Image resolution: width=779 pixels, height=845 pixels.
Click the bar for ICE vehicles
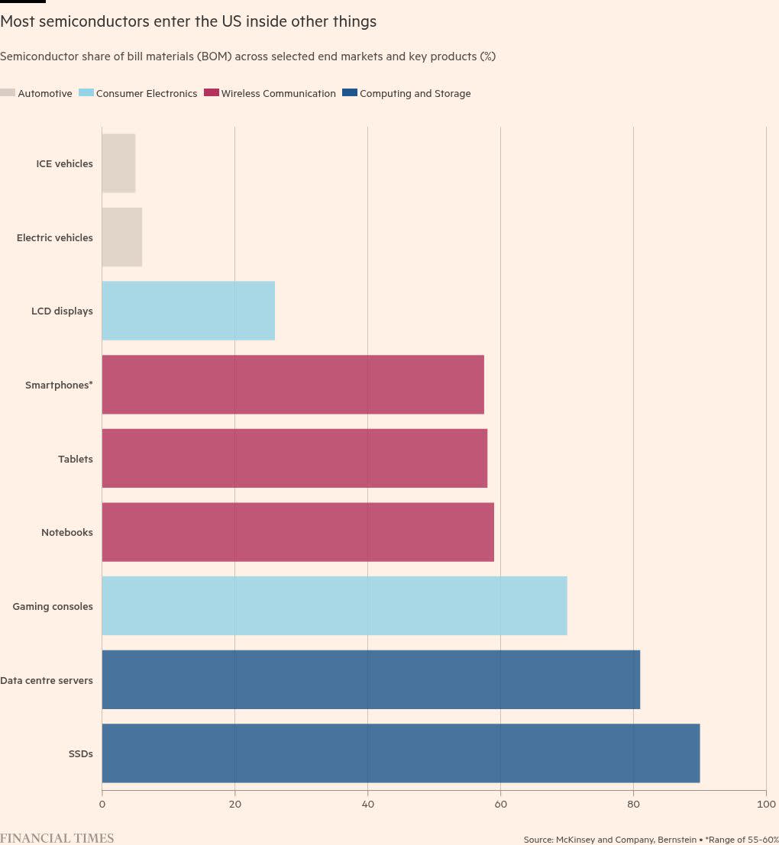[118, 163]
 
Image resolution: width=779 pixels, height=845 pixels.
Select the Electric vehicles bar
[121, 237]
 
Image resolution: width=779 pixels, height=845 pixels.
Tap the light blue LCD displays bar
[188, 311]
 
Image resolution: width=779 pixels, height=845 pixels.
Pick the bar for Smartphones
[293, 385]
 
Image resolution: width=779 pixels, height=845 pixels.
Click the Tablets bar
[294, 458]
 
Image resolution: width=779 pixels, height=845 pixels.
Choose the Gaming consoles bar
[334, 605]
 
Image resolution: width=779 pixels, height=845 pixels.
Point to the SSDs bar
[400, 753]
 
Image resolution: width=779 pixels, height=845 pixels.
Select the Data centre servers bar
[370, 679]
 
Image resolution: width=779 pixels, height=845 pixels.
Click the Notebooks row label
[67, 532]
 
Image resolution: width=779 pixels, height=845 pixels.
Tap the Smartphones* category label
[59, 385]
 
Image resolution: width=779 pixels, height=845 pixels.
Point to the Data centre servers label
[47, 680]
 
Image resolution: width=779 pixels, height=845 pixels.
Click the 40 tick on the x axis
[367, 805]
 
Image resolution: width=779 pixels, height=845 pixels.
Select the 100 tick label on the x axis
[766, 805]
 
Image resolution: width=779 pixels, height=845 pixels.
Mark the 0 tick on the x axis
[102, 805]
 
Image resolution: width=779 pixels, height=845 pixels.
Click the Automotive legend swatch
[8, 93]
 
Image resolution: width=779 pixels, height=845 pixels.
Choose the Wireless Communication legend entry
[278, 94]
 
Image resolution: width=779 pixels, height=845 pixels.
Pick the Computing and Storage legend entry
[415, 94]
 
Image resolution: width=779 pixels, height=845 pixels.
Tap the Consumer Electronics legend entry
[146, 94]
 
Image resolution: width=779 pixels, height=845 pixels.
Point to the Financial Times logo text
[57, 838]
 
